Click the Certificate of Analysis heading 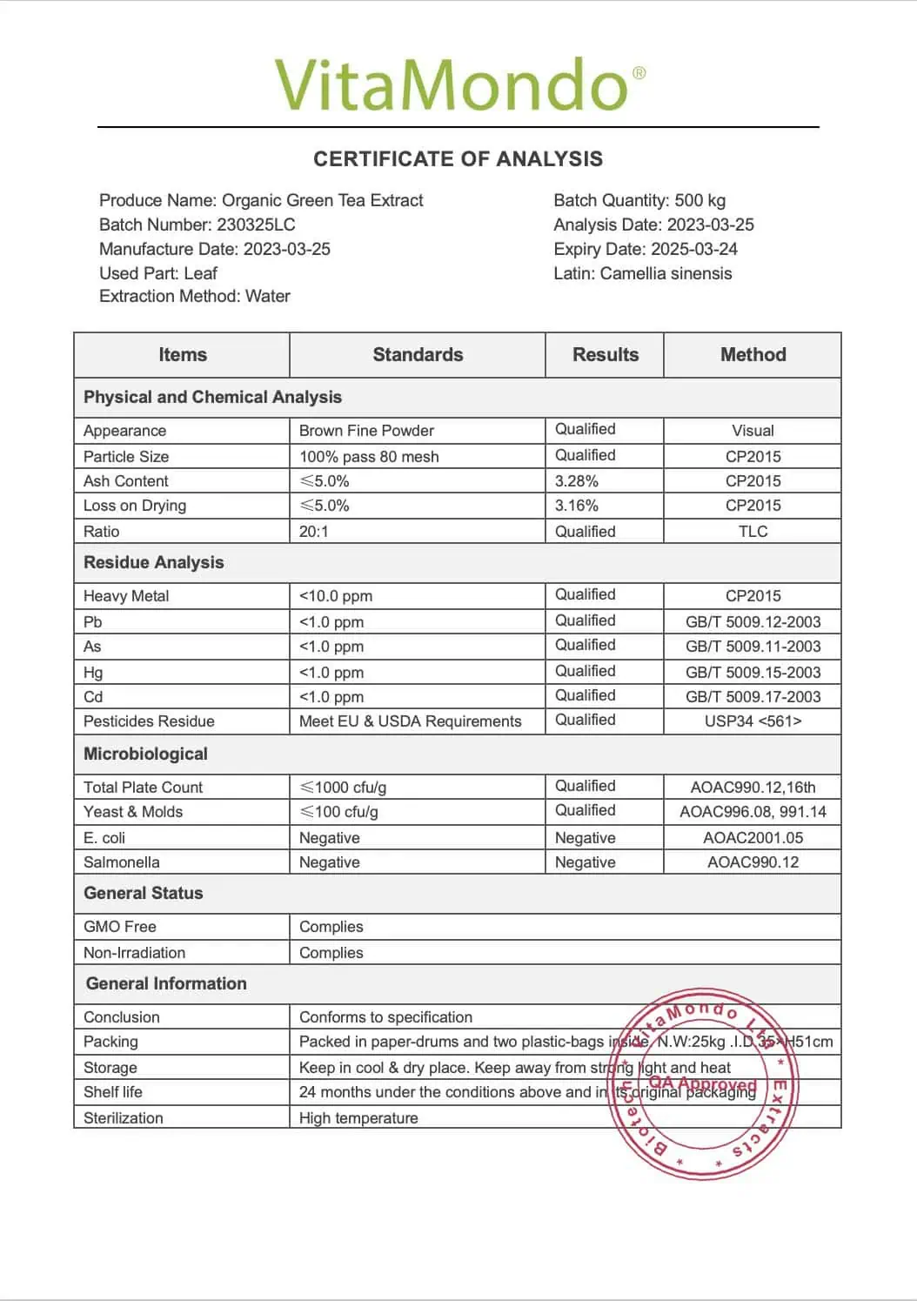point(458,159)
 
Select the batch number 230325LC point(256,225)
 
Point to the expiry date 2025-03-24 point(693,249)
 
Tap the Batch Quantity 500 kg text point(639,200)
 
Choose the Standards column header point(418,355)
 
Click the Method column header point(753,355)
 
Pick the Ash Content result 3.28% point(577,481)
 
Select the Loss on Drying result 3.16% point(577,506)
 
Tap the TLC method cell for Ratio point(753,532)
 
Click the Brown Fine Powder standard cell point(366,431)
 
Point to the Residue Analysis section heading point(153,563)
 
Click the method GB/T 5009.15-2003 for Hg point(753,672)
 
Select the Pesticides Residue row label point(149,721)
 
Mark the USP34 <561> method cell point(753,721)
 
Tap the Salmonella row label point(122,862)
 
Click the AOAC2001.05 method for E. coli point(753,838)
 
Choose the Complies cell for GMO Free point(331,927)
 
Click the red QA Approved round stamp point(702,1084)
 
